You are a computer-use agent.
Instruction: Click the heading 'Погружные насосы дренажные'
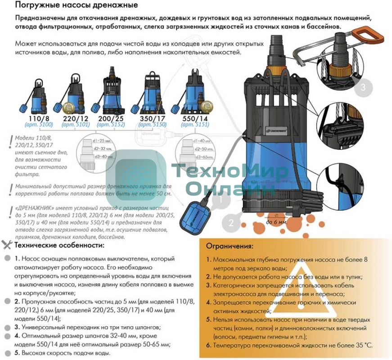pos(77,5)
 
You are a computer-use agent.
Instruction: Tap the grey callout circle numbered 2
pos(231,222)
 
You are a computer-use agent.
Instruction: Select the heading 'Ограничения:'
pos(230,247)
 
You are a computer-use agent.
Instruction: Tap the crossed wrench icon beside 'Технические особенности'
pos(7,245)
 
